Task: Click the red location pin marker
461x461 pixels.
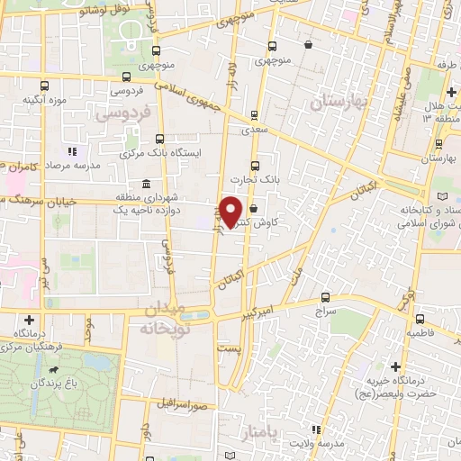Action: (231, 212)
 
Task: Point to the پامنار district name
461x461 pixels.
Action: (286, 436)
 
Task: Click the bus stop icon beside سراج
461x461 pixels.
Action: (325, 297)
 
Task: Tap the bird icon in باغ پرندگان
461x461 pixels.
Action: (56, 370)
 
